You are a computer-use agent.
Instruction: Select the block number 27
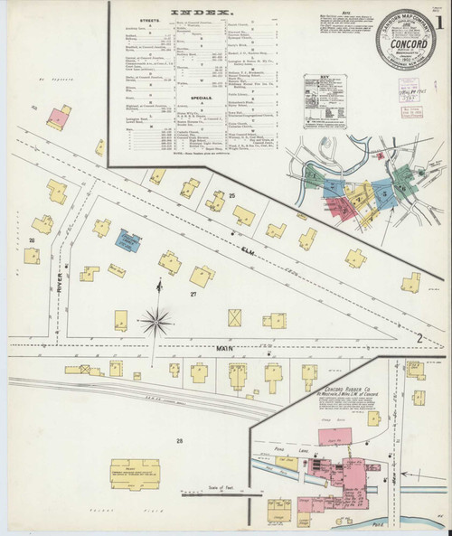click(193, 295)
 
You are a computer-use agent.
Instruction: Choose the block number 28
click(180, 441)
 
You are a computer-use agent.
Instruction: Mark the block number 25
click(231, 195)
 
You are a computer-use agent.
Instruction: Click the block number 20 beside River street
click(31, 240)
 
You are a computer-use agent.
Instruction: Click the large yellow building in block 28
click(134, 475)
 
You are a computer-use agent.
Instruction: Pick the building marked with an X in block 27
click(234, 318)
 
